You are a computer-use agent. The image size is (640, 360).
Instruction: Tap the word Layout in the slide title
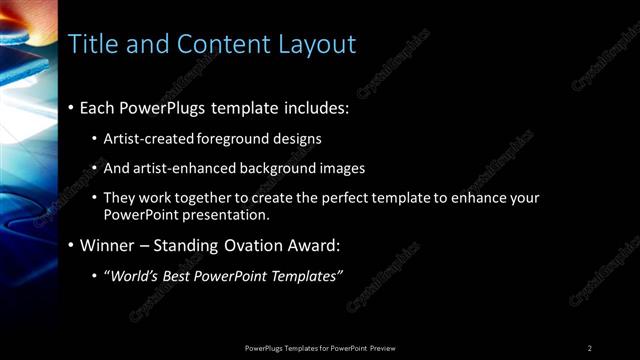pos(316,44)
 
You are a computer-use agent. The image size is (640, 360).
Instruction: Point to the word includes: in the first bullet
pos(311,107)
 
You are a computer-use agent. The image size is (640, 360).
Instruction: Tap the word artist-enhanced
pos(182,168)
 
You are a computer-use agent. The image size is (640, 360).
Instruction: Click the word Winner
pos(106,245)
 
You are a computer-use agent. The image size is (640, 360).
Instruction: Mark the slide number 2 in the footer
pos(590,347)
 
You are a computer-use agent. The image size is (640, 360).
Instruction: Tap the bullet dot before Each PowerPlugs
pos(71,107)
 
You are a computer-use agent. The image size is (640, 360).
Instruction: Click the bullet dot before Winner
pos(71,245)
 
